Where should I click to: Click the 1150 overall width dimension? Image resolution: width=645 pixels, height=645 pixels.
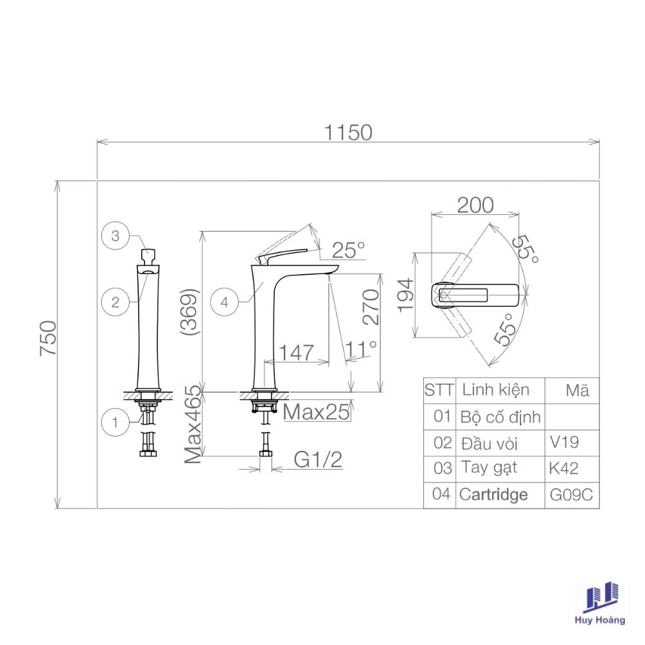[x=348, y=133]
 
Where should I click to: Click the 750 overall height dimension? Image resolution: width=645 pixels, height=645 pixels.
[x=48, y=338]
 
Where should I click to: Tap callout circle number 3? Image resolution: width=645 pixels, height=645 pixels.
[x=115, y=235]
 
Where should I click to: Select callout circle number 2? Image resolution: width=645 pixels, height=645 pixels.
[x=115, y=303]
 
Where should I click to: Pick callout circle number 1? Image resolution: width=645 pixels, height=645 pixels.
[x=115, y=422]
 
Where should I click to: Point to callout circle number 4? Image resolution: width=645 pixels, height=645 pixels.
[x=224, y=303]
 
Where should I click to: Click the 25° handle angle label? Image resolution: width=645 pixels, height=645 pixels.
[x=348, y=250]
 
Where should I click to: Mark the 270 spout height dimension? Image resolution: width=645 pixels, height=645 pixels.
[x=371, y=307]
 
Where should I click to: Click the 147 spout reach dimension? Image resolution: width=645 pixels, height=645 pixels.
[x=296, y=353]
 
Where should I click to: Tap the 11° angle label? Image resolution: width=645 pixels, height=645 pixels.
[x=361, y=350]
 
